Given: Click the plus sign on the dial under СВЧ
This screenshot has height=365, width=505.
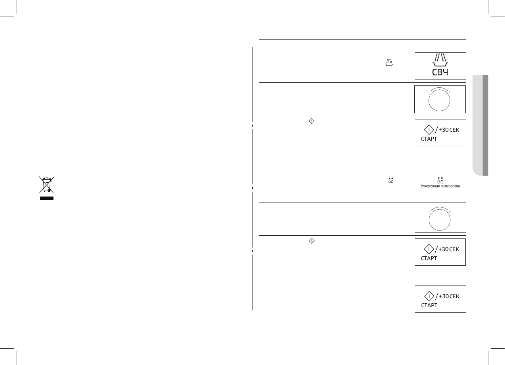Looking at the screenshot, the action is [x=450, y=92].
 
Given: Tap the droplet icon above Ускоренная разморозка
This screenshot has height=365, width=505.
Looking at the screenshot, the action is [x=440, y=180].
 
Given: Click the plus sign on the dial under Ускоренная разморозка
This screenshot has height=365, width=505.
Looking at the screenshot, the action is [x=450, y=212].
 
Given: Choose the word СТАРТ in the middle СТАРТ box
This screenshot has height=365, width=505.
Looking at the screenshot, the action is [x=429, y=258].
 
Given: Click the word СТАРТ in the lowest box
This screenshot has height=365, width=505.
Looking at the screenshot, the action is [x=429, y=305].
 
